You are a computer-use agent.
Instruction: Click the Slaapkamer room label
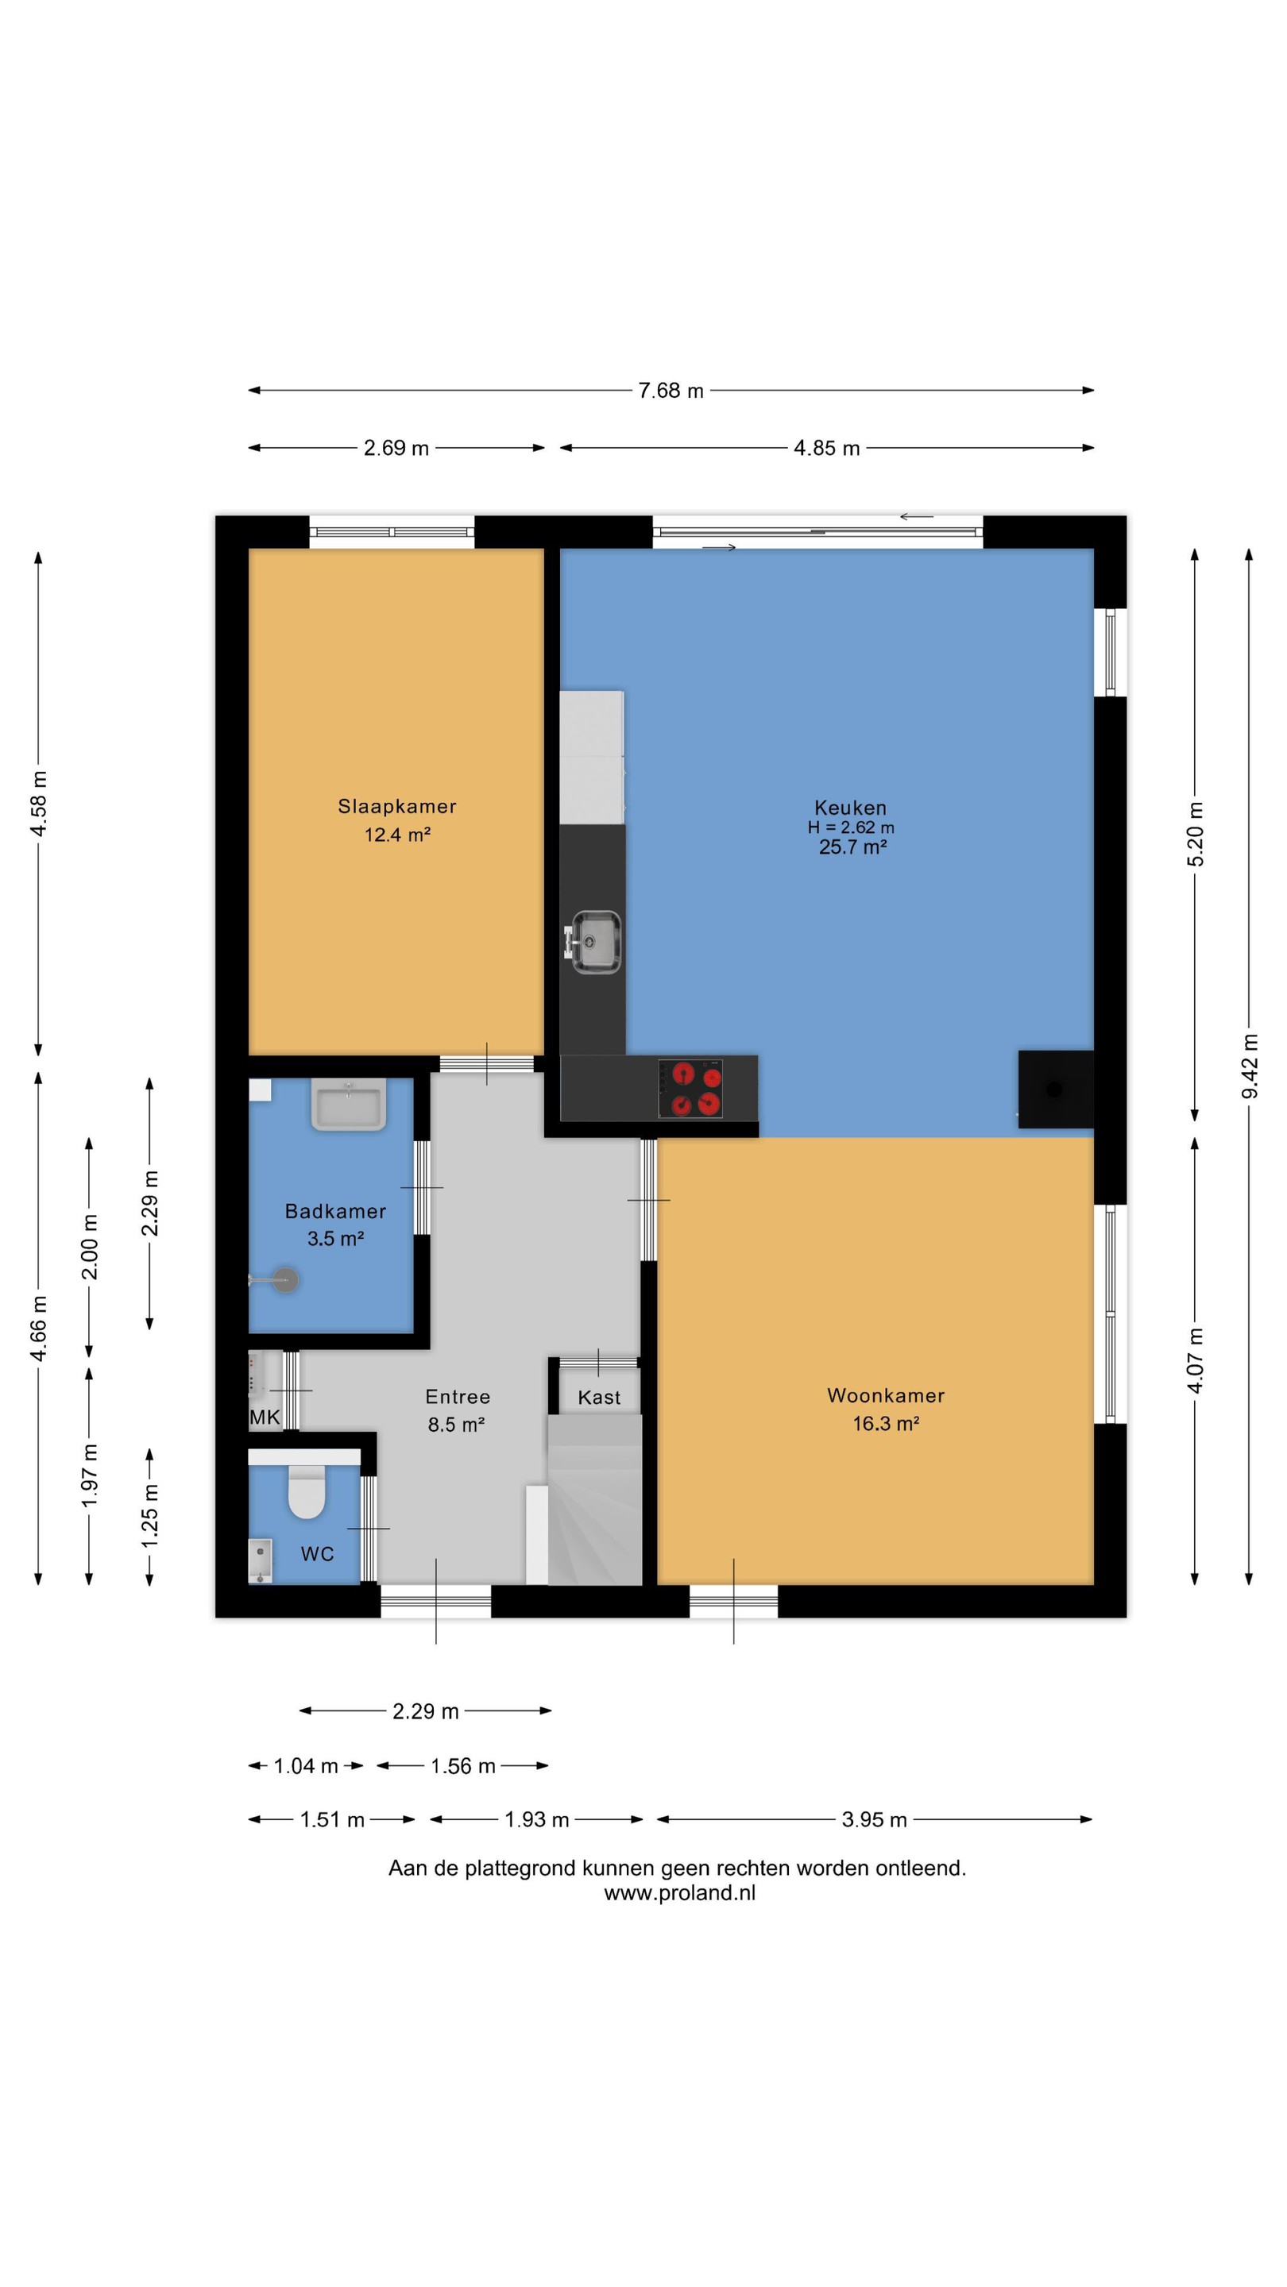pyautogui.click(x=396, y=806)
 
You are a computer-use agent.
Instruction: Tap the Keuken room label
pyautogui.click(x=850, y=807)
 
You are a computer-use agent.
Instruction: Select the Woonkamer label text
pyautogui.click(x=886, y=1394)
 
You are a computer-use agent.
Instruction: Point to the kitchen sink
pyautogui.click(x=593, y=941)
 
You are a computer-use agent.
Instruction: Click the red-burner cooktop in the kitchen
pyautogui.click(x=690, y=1089)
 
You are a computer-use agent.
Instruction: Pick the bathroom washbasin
pyautogui.click(x=348, y=1104)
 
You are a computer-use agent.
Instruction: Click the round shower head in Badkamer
pyautogui.click(x=286, y=1279)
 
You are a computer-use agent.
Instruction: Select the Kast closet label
pyautogui.click(x=599, y=1398)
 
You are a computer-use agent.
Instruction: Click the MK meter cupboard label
pyautogui.click(x=265, y=1417)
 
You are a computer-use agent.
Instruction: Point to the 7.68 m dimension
pyautogui.click(x=671, y=390)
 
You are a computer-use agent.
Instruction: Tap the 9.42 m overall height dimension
pyautogui.click(x=1249, y=1066)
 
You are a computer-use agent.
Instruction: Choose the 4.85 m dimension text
pyautogui.click(x=826, y=447)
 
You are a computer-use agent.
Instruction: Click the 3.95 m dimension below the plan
pyautogui.click(x=874, y=1819)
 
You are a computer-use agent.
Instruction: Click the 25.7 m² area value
pyautogui.click(x=852, y=846)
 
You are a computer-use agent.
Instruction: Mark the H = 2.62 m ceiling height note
pyautogui.click(x=851, y=827)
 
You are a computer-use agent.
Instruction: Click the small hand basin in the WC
pyautogui.click(x=259, y=1560)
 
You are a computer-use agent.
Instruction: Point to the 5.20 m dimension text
pyautogui.click(x=1196, y=835)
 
